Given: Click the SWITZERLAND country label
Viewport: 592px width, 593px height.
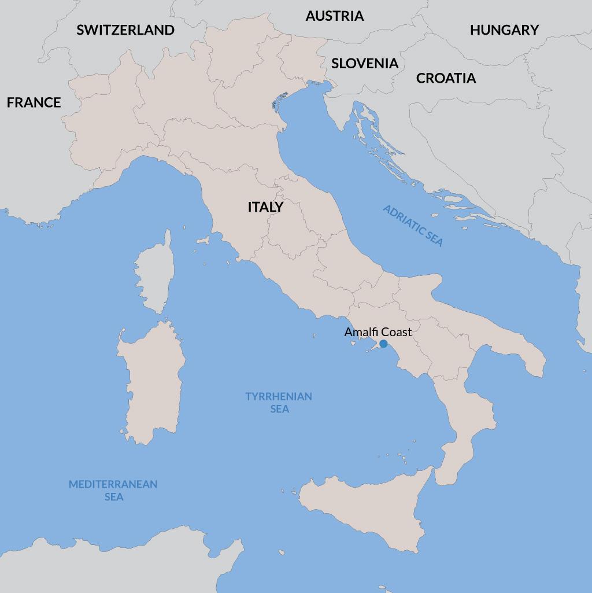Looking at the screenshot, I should pos(125,30).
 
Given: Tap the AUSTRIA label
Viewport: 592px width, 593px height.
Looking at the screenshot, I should pos(335,16).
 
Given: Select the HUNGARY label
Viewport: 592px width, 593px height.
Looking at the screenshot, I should pos(504,30).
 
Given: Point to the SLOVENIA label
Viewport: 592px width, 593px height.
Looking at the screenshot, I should pos(365,64).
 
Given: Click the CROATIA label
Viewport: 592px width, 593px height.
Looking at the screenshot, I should pos(446,78).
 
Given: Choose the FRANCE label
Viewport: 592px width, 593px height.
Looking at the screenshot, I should pos(34,102).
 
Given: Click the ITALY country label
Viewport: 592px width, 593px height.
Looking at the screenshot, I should pos(265,207).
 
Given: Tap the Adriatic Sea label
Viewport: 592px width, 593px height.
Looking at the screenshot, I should pos(413,226).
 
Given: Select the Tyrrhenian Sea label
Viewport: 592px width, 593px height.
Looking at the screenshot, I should pos(279,402).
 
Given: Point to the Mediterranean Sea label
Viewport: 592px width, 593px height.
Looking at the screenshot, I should pos(113,490).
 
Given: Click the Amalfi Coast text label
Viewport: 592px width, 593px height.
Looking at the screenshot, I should pos(378,332).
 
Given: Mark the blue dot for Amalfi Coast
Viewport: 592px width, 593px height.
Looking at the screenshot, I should pos(383,344).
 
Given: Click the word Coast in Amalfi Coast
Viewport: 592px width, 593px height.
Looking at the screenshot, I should pos(396,332).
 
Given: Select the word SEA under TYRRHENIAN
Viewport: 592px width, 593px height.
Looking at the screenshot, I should pos(279,409).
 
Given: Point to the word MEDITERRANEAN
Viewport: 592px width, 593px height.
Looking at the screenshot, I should pos(113,484).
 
